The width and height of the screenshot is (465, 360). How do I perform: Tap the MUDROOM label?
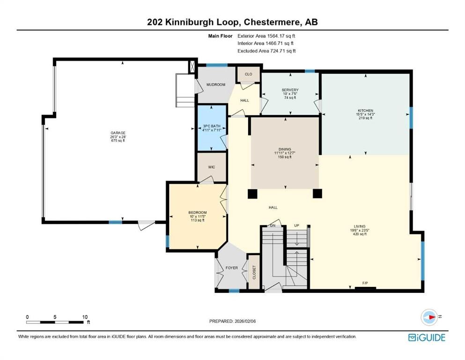pyautogui.click(x=216, y=84)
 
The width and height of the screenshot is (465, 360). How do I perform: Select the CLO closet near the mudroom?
pyautogui.click(x=248, y=74)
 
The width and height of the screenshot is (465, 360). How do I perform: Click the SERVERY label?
pyautogui.click(x=290, y=90)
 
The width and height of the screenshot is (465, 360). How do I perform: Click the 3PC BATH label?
pyautogui.click(x=212, y=126)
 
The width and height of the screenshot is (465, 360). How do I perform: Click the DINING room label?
pyautogui.click(x=284, y=150)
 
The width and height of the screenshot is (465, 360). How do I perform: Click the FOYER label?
pyautogui.click(x=231, y=268)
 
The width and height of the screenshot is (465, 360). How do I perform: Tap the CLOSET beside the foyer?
pyautogui.click(x=254, y=272)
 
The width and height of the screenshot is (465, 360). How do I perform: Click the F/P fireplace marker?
pyautogui.click(x=365, y=283)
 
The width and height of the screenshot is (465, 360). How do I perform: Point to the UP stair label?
pyautogui.click(x=296, y=225)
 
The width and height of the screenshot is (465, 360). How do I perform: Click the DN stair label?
pyautogui.click(x=273, y=225)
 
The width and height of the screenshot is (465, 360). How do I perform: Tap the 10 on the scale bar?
pyautogui.click(x=85, y=317)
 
